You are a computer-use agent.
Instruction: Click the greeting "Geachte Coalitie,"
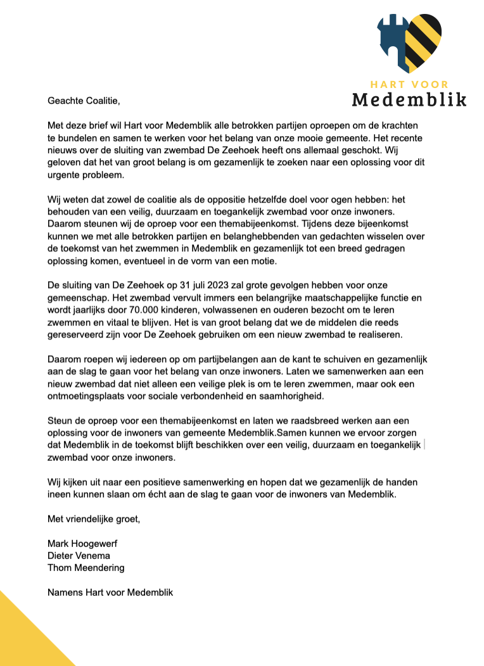tap(84, 101)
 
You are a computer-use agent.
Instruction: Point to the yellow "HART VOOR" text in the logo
tap(409, 84)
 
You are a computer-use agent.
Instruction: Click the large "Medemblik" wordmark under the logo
tap(409, 99)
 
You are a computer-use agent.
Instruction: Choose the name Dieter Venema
tap(79, 556)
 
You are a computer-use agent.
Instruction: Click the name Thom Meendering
tap(86, 568)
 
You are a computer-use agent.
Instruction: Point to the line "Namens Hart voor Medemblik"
tap(110, 593)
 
